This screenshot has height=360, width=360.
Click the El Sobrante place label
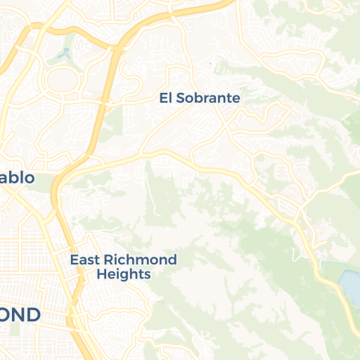click(x=199, y=98)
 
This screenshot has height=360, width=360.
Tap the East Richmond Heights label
click(x=123, y=266)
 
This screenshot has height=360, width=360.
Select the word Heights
click(x=123, y=274)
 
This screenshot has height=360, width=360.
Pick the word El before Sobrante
click(x=165, y=98)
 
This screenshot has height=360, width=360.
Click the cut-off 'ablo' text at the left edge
click(x=16, y=177)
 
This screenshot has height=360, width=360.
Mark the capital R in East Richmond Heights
click(x=116, y=260)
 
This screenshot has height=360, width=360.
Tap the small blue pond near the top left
click(x=65, y=53)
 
